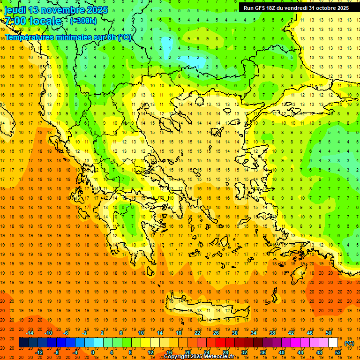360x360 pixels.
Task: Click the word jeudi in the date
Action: click(15, 10)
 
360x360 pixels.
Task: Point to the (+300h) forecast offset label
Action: click(83, 21)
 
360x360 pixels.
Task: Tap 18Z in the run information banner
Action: click(275, 8)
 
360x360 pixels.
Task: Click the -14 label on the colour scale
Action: click(30, 333)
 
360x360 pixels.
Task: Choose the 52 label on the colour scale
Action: click(338, 352)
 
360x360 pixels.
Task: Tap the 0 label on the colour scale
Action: click(92, 352)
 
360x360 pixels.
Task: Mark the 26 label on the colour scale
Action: click(216, 333)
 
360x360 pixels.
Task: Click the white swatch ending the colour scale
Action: click(333, 343)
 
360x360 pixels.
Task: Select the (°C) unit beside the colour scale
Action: click(349, 343)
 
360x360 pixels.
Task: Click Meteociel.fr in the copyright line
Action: click(217, 357)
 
